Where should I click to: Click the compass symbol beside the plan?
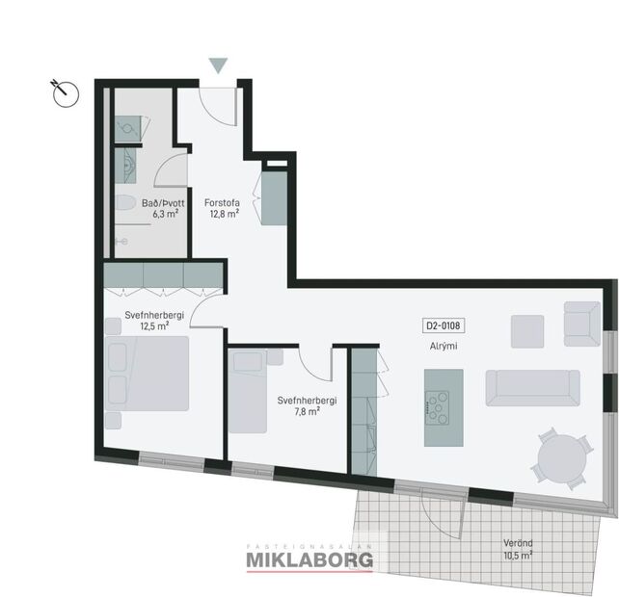tap(65, 91)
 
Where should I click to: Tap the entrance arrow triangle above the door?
tap(219, 65)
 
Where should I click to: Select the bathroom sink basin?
tap(127, 166)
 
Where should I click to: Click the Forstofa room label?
tap(222, 202)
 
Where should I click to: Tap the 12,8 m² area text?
tap(224, 215)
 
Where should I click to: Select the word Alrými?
tap(444, 345)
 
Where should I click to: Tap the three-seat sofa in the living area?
tap(532, 387)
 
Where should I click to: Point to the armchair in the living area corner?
tap(581, 323)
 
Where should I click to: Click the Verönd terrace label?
tap(517, 542)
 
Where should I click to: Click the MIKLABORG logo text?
tap(310, 559)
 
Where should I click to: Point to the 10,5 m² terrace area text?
tap(517, 555)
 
